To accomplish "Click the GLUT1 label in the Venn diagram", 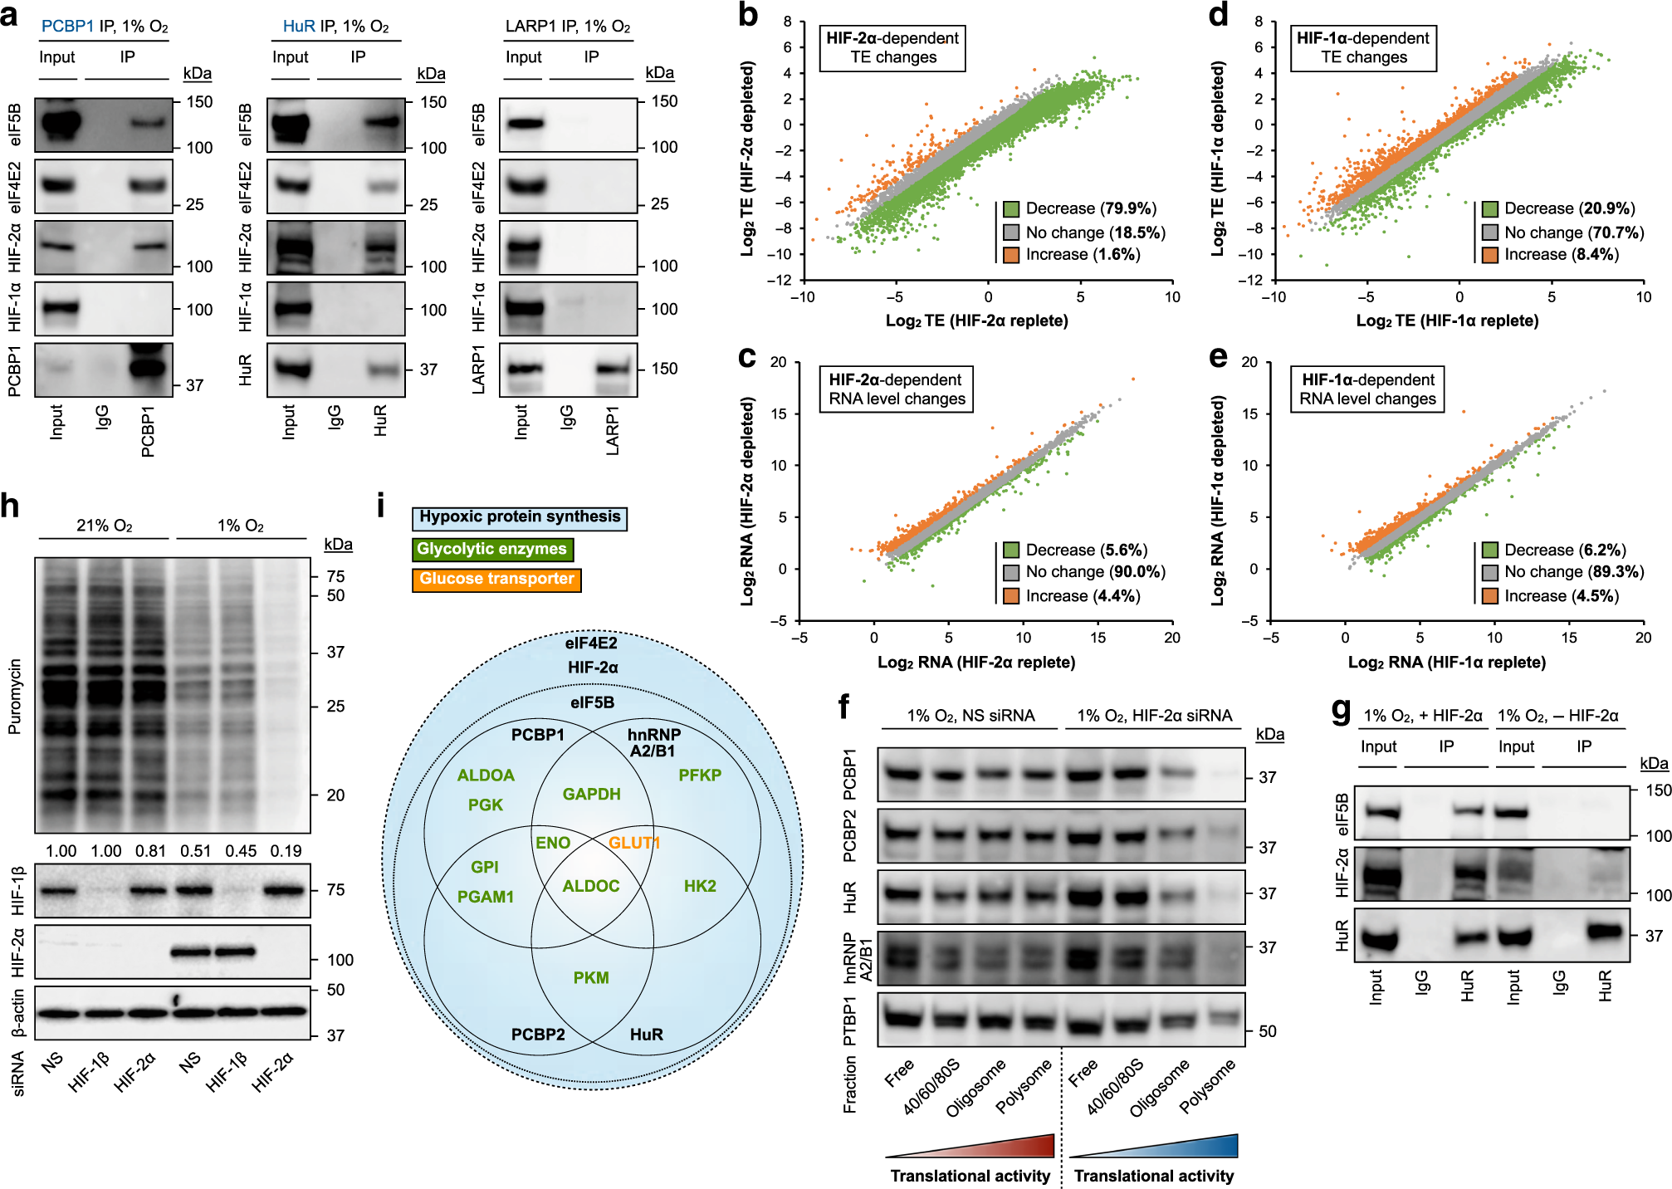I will click(634, 843).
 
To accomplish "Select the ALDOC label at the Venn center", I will click(591, 886).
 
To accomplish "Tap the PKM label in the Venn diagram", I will click(591, 977).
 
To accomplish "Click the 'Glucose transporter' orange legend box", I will click(496, 579).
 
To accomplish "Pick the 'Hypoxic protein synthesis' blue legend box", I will click(520, 517).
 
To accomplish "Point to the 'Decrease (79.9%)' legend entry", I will click(1080, 208).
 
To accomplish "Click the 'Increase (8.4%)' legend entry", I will click(1551, 254).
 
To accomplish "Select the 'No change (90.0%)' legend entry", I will click(1084, 571).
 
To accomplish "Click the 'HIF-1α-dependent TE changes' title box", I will click(1363, 47).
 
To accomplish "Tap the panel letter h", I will click(11, 505).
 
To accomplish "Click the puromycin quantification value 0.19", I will click(286, 851).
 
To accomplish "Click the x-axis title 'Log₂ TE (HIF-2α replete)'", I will click(976, 320).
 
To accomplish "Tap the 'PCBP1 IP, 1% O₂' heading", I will click(105, 27).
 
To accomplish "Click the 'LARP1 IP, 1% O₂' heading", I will click(568, 27).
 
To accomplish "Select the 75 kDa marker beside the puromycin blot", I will click(335, 576).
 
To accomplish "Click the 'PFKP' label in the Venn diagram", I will click(700, 775).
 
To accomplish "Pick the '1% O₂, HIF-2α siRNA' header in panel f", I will click(1154, 716).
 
